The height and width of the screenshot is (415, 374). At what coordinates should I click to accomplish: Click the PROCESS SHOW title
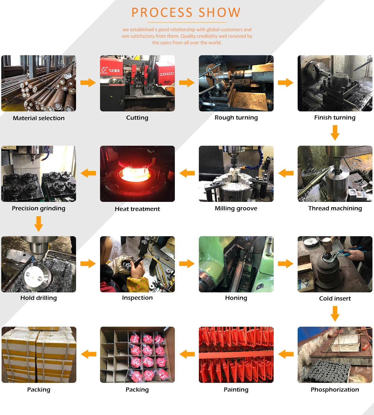point(186,12)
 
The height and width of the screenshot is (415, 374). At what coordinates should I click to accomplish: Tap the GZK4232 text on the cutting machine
point(167,74)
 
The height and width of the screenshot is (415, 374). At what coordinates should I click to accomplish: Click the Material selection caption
point(39,118)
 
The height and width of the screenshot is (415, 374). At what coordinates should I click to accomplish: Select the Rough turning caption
point(236,118)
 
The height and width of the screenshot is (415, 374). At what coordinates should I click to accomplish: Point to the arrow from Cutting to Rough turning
point(187,83)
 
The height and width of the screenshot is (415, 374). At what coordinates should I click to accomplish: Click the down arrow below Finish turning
point(335,133)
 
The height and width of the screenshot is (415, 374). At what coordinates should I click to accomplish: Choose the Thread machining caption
point(335,208)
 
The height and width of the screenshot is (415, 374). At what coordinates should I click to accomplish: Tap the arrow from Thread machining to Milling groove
point(286,173)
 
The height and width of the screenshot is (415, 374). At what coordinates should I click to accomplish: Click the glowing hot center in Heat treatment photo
point(135,174)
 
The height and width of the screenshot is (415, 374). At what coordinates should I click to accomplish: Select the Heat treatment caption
point(137,209)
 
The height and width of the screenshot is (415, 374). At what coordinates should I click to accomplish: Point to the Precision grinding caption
point(39,208)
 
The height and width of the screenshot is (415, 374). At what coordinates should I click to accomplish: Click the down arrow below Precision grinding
point(39,224)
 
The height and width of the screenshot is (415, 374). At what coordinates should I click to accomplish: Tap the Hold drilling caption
point(39,298)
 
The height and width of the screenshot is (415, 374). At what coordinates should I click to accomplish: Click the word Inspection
point(137,298)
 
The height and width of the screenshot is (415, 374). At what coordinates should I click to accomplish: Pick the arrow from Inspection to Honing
point(187,264)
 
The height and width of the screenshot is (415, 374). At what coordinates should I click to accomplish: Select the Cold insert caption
point(335,299)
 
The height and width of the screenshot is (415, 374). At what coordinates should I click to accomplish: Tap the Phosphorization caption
point(335,389)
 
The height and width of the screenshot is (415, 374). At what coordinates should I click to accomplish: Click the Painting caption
point(236,390)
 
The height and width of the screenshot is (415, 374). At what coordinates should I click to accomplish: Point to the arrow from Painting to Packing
point(187,354)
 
